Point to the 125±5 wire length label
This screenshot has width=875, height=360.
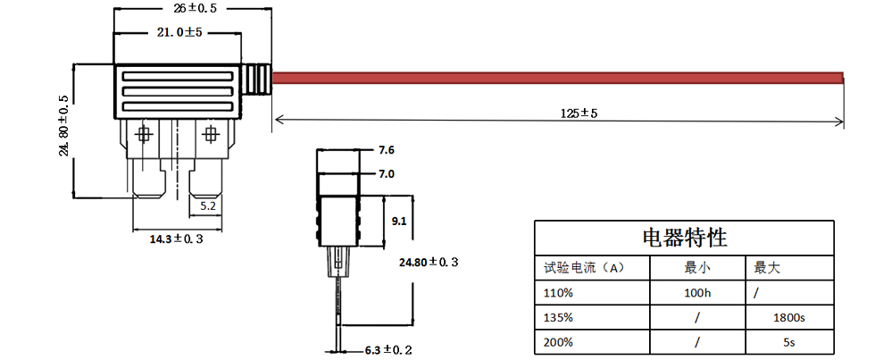pyautogui.click(x=579, y=113)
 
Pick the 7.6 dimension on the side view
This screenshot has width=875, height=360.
pyautogui.click(x=386, y=149)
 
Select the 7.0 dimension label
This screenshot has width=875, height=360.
pyautogui.click(x=386, y=173)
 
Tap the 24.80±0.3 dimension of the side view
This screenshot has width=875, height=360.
pyautogui.click(x=432, y=262)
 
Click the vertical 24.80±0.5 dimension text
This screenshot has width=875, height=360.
pyautogui.click(x=63, y=125)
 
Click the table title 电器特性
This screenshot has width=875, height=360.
pyautogui.click(x=685, y=238)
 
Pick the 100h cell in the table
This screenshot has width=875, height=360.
pyautogui.click(x=696, y=292)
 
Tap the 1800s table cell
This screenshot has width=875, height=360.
pyautogui.click(x=790, y=317)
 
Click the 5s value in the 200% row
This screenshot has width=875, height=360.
pyautogui.click(x=790, y=342)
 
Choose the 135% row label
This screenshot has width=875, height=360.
pyautogui.click(x=557, y=317)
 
